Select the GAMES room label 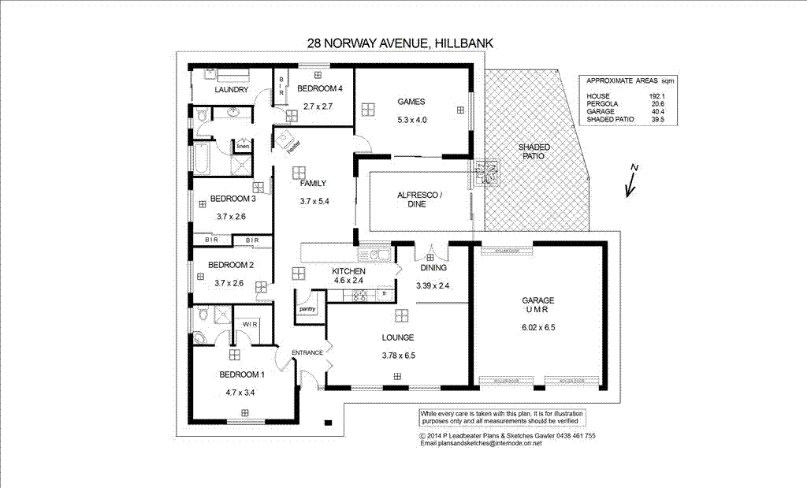(411, 102)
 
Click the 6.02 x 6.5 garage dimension (539, 327)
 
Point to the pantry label (307, 309)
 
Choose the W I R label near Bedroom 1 (251, 324)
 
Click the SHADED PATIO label (534, 152)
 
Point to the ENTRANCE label (307, 352)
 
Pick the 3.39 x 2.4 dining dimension (432, 285)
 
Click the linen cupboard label (243, 146)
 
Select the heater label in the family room (293, 146)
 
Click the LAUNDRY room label (232, 90)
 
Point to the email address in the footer (481, 444)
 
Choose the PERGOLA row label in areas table (603, 104)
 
